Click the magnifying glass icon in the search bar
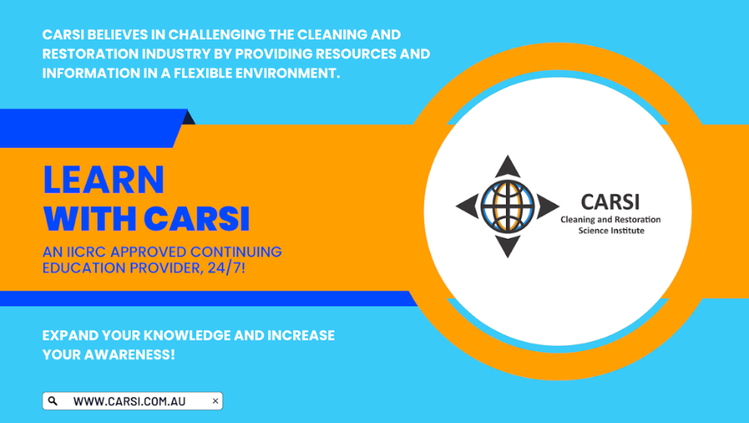point(53,401)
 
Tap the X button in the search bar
point(215,401)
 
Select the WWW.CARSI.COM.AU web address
point(129,401)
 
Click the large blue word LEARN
point(104,180)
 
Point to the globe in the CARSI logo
point(508,206)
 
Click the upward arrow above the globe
point(508,167)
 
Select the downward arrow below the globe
point(508,246)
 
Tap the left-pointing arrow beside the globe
point(468,206)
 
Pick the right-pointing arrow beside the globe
point(547,206)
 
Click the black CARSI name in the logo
point(610,202)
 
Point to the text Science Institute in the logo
point(611,231)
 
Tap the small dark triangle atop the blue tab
point(190,117)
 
